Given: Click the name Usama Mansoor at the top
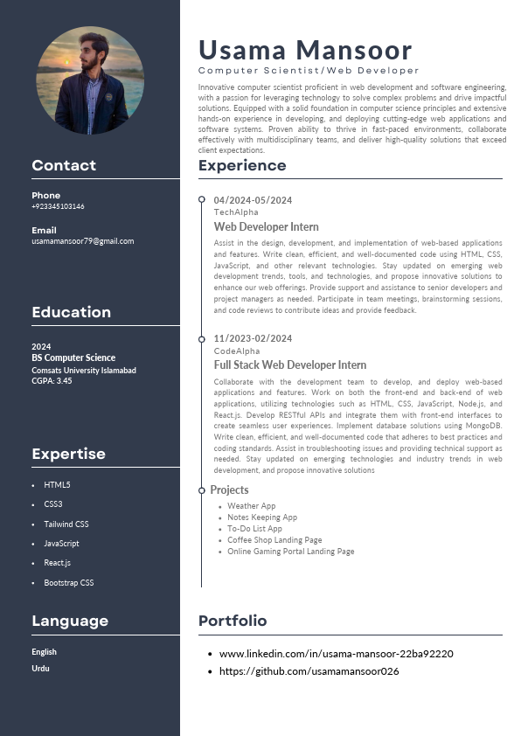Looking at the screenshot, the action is pos(305,49).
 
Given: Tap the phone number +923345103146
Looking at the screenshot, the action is pos(58,206).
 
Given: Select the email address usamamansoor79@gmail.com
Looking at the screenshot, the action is pos(82,240).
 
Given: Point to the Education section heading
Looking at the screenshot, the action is pos(71,312).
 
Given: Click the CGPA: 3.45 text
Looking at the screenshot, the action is pos(52,381).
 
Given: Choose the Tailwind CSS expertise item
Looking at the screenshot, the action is pos(66,524).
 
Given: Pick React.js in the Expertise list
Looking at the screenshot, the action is pos(58,563).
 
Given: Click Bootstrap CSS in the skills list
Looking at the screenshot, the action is pos(69,582).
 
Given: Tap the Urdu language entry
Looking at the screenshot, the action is pos(40,668).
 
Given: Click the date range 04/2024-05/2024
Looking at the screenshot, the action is pos(253,200).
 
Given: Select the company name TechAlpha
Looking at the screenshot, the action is pos(236,212).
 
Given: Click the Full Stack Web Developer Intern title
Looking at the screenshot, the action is pos(290,365).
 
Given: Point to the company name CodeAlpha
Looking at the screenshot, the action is pos(237,351).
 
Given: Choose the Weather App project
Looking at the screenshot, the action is pos(252,506).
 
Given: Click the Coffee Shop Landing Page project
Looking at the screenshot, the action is pos(274,540).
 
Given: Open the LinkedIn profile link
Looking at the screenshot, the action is pos(336,654).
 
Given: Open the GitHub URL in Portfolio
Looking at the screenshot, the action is pos(309,671).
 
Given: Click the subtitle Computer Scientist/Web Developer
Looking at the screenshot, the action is pos(309,70).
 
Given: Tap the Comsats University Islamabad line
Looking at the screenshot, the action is pos(84,370).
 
